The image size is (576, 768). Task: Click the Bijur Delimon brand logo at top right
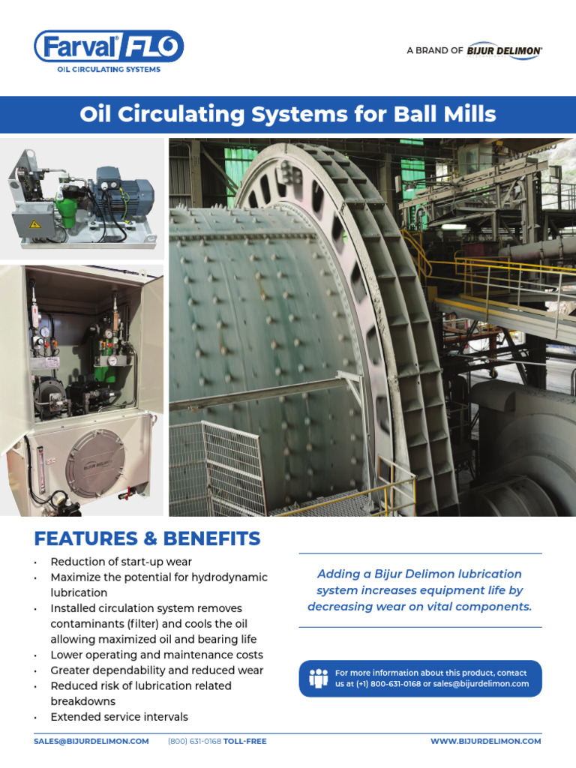[504, 50]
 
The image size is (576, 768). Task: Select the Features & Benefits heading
[147, 538]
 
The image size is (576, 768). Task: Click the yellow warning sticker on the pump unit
[34, 223]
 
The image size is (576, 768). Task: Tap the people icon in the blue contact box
[319, 678]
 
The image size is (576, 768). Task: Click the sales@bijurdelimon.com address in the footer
[91, 741]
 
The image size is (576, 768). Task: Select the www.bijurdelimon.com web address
[485, 741]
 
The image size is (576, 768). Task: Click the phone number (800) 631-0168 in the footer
[194, 741]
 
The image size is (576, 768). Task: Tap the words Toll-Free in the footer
[245, 741]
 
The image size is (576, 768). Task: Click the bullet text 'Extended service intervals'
[119, 717]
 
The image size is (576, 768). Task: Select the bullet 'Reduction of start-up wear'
[121, 562]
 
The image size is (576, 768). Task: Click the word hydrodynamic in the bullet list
[229, 577]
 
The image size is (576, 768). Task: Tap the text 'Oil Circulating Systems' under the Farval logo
[109, 70]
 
